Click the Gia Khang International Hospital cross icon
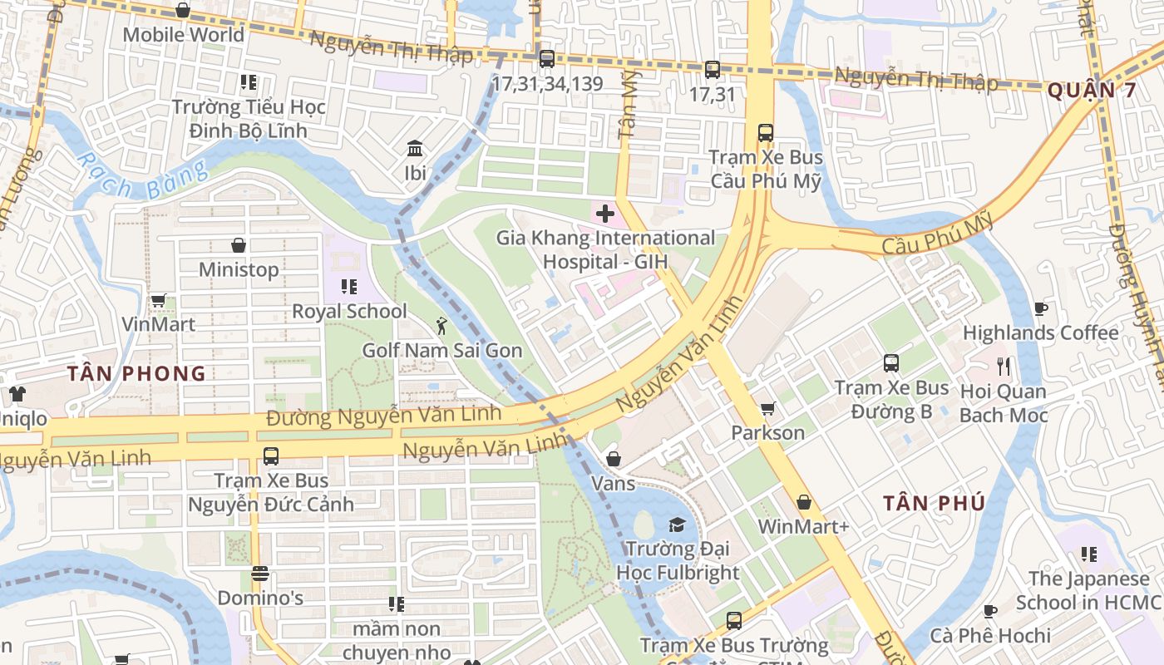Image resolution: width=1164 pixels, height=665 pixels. point(605,214)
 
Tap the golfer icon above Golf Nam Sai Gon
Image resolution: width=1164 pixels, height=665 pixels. point(441,325)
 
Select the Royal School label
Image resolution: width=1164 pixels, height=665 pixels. point(349,312)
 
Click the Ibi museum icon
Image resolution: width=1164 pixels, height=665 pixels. point(415,149)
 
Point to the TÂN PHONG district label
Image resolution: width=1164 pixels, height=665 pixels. point(136,373)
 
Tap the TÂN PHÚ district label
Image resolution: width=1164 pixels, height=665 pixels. point(934,503)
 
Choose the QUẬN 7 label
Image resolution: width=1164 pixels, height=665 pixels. point(1091,91)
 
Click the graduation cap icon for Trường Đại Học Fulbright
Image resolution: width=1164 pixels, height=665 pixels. point(678,525)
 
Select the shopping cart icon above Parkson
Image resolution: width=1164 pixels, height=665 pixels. point(767,408)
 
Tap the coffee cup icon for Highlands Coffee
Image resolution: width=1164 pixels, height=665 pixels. point(1040,308)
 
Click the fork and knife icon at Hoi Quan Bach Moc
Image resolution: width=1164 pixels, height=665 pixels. point(1004,366)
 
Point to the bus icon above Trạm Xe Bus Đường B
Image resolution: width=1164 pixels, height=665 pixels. point(891,363)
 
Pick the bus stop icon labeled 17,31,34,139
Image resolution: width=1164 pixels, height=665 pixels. point(546,59)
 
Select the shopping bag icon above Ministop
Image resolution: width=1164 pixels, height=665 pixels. point(239,245)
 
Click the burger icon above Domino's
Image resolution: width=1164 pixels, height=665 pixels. point(260,574)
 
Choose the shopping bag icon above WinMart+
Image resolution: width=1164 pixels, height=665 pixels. point(803,502)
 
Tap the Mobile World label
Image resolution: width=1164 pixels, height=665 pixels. point(184,35)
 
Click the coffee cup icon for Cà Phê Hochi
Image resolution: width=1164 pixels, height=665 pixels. point(989,611)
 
